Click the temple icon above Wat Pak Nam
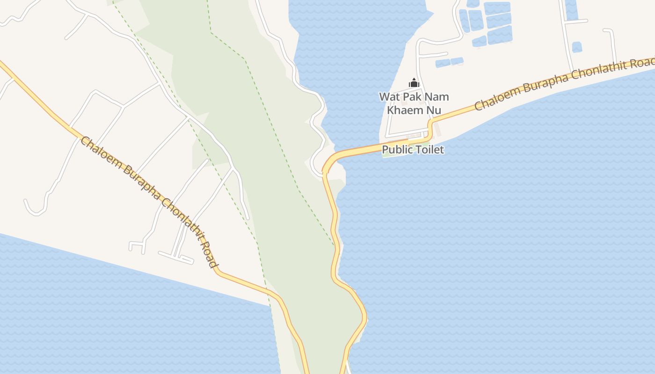click(x=414, y=83)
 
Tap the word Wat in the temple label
click(x=389, y=97)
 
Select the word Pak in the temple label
click(x=412, y=97)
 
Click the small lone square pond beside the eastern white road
click(x=577, y=47)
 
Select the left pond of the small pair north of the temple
click(x=443, y=63)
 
